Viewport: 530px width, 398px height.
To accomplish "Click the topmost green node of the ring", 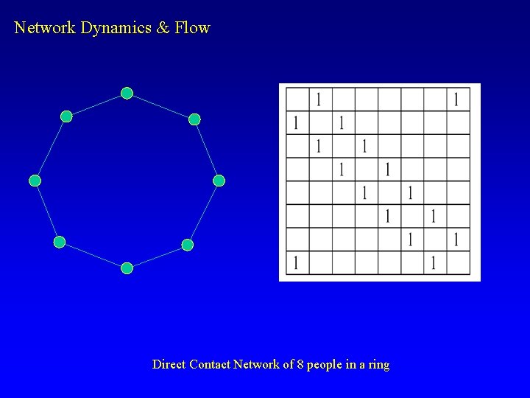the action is (127, 94).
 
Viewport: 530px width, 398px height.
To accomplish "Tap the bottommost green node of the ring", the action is (127, 268).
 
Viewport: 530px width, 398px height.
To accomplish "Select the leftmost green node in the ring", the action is (35, 181).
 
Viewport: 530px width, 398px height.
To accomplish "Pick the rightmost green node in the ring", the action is (219, 181).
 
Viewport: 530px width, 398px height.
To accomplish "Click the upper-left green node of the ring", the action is (66, 116).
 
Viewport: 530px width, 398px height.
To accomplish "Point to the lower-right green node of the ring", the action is (188, 245).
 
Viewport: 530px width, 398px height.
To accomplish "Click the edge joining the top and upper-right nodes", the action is (160, 106).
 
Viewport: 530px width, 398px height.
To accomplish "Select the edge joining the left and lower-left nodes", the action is (47, 212).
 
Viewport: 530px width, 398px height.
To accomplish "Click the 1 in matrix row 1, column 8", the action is (456, 99).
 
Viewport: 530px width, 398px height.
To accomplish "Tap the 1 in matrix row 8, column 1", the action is (296, 262).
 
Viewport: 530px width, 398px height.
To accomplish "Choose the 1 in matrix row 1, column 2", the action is (318, 99).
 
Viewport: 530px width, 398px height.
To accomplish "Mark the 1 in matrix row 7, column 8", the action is (456, 239).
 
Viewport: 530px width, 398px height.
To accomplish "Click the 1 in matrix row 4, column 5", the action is (387, 170).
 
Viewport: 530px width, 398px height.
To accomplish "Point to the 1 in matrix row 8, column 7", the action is (434, 262).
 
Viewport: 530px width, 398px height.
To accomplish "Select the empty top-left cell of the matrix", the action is (297, 99).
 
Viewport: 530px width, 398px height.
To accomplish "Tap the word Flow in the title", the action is (192, 28).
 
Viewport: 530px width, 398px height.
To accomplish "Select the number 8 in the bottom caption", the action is (300, 364).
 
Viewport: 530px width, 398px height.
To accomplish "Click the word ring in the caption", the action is (378, 365).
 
